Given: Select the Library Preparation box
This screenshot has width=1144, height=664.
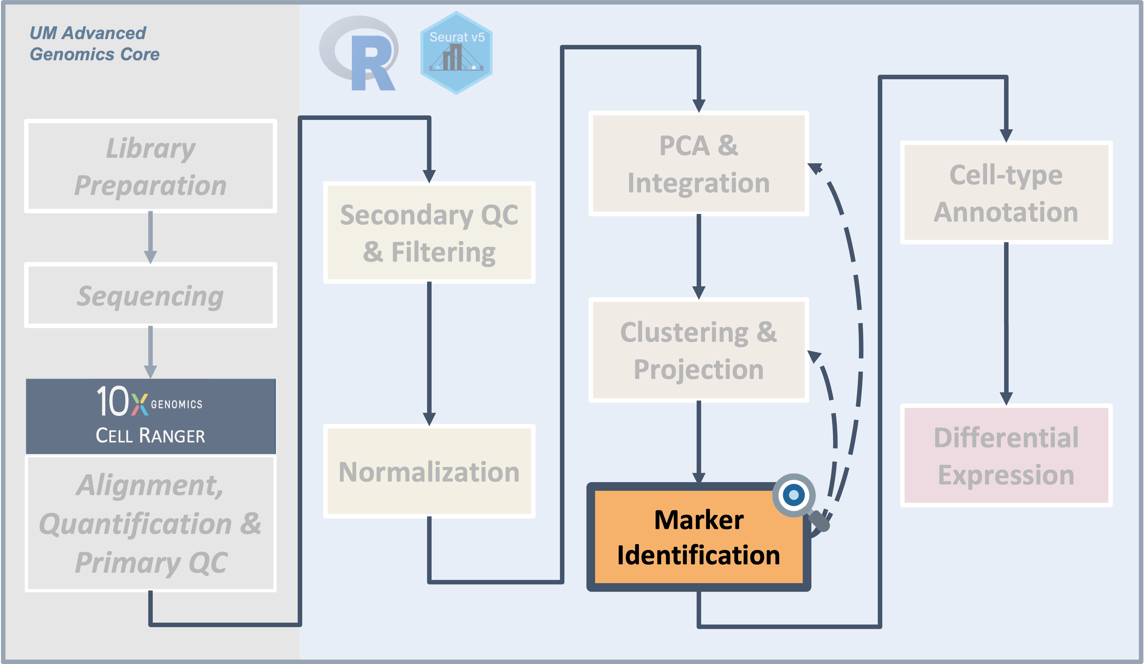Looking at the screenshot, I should pos(150,166).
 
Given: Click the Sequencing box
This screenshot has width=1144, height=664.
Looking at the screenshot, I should pos(150,295).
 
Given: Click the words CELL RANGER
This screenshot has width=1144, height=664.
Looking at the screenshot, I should pos(150,436).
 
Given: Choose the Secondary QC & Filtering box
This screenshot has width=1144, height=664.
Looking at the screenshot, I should pos(429,233).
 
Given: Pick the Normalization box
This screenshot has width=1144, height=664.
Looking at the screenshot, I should pos(429,472).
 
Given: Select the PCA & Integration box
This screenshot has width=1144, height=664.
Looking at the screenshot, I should pos(698,164).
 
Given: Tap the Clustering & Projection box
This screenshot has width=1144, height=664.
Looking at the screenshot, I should pos(698,350).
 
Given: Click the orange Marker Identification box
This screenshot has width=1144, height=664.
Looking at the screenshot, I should pos(698,537).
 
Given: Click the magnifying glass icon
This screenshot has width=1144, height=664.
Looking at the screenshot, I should pos(796,496).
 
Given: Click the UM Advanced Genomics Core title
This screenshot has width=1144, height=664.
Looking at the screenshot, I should pos(94,44).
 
